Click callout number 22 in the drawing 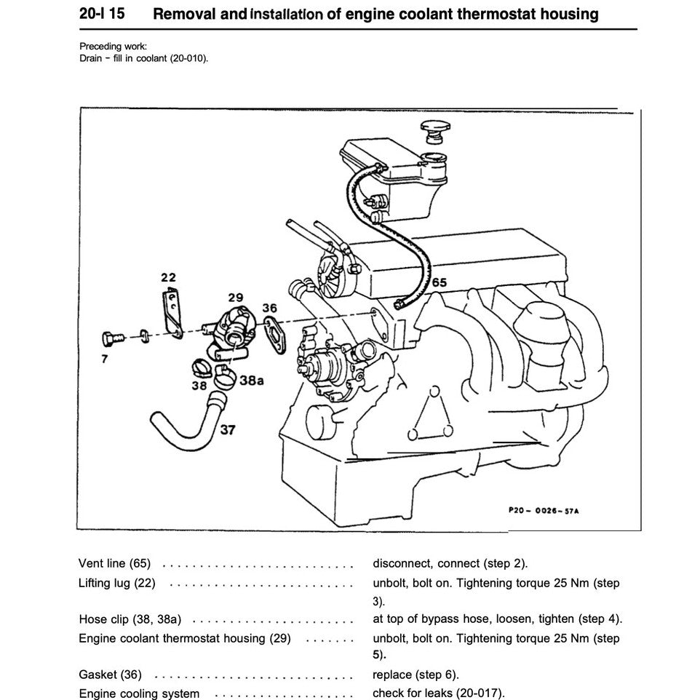168,277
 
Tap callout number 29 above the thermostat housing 234,298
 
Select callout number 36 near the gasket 269,308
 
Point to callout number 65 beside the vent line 440,282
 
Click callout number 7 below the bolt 105,359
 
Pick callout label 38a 251,381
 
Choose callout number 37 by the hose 228,429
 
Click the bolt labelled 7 109,338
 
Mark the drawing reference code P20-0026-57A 544,510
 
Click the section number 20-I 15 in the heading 101,14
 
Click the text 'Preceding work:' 113,47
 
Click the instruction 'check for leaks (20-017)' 438,693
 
